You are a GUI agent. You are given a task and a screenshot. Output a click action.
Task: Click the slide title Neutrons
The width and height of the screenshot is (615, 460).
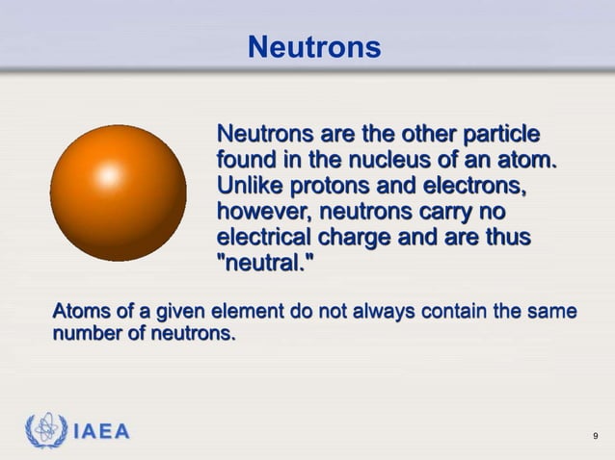point(313,45)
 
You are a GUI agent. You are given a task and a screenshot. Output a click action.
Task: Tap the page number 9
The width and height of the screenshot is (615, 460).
point(596,440)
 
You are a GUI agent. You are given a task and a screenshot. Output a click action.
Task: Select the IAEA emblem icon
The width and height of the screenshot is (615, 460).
point(46,430)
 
